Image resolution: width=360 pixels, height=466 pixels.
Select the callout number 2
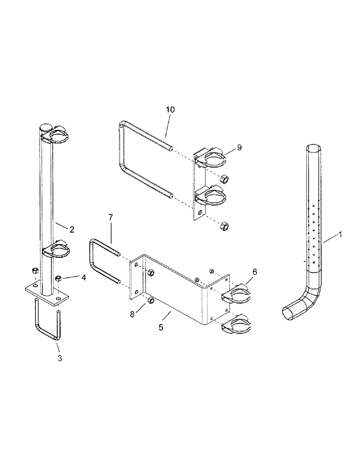tap(72, 229)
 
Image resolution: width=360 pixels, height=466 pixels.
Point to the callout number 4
tap(83, 278)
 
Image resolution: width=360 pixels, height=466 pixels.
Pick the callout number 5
tap(161, 327)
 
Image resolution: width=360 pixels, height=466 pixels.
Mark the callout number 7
tap(111, 218)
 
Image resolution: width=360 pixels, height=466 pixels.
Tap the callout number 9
tap(239, 147)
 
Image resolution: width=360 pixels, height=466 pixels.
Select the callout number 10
tap(170, 110)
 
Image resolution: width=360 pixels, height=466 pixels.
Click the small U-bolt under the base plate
tap(48, 324)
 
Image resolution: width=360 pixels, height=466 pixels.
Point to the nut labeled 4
tap(59, 279)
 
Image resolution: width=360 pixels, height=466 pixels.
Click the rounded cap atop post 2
tap(46, 127)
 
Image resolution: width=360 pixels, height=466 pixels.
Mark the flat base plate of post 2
tap(47, 294)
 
